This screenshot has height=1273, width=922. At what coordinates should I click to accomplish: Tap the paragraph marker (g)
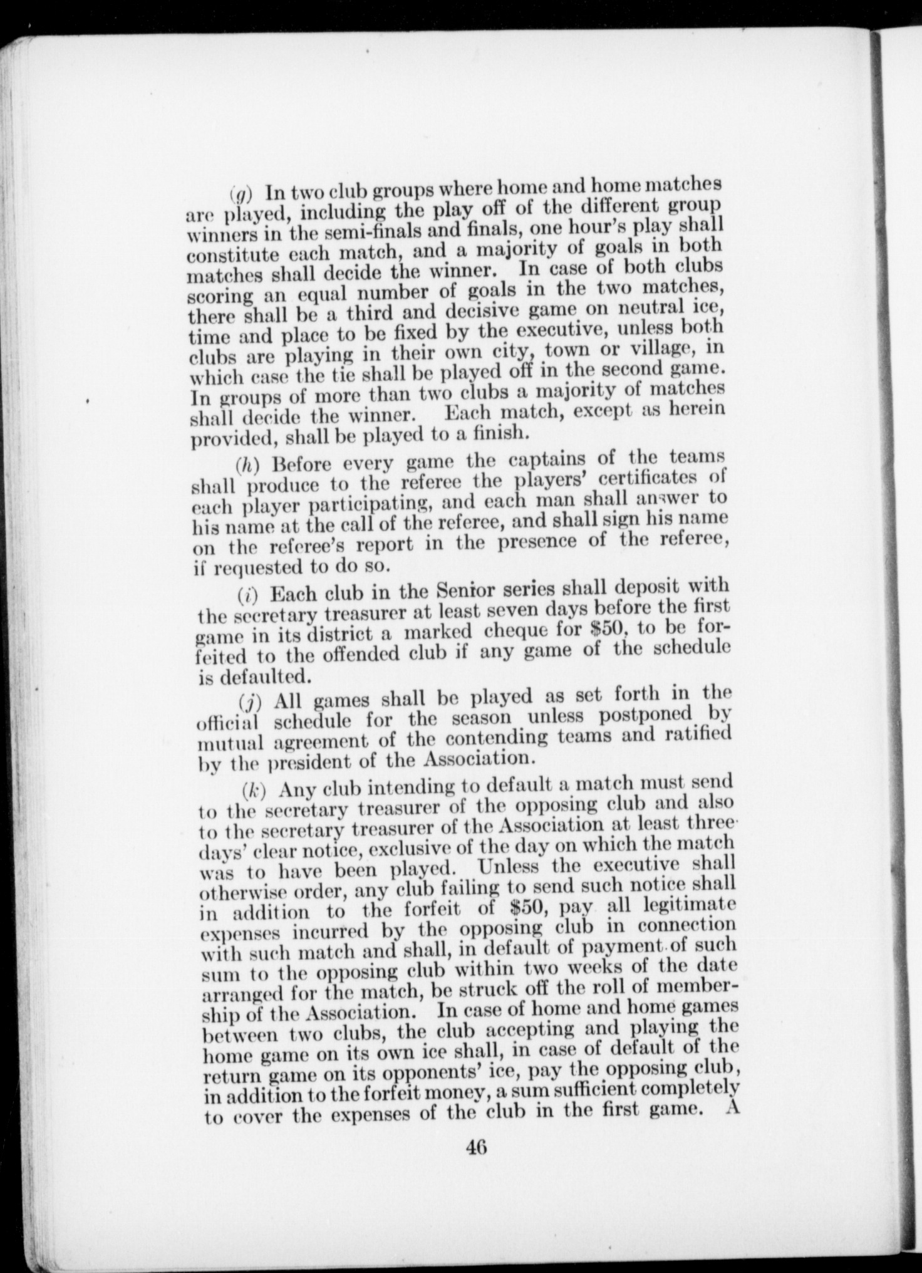point(239,190)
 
